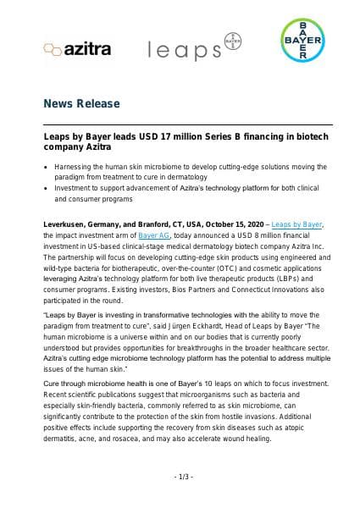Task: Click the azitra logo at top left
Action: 77,50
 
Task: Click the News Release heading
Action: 82,103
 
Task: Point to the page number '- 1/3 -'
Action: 180,478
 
